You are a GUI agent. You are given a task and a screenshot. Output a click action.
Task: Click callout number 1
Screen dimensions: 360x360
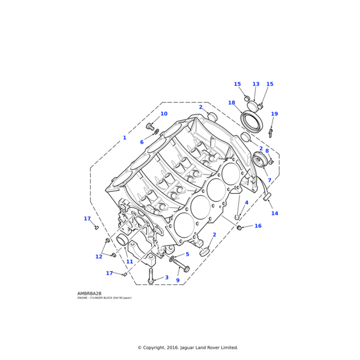click(x=125, y=138)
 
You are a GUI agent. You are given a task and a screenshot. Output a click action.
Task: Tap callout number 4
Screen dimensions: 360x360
click(x=246, y=202)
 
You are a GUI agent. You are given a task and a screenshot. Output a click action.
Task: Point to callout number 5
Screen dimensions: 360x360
click(x=187, y=254)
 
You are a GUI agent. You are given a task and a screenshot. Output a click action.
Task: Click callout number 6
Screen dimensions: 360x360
click(x=142, y=142)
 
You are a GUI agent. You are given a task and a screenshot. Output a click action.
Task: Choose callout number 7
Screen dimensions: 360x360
click(x=269, y=181)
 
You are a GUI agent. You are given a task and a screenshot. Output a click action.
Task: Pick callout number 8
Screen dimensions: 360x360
click(x=267, y=151)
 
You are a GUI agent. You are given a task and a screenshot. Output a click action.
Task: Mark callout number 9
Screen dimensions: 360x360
click(x=178, y=280)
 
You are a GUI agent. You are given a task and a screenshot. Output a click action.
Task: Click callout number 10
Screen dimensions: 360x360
click(x=164, y=113)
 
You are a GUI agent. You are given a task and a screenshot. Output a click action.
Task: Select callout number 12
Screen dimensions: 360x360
click(x=99, y=257)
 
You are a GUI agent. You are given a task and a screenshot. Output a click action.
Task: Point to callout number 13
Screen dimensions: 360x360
click(x=256, y=85)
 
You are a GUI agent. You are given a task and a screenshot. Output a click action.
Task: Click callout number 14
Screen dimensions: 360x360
click(x=274, y=213)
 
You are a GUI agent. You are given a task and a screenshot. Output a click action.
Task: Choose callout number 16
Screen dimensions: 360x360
click(x=258, y=226)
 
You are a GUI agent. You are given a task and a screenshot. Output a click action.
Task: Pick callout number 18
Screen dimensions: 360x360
click(x=232, y=103)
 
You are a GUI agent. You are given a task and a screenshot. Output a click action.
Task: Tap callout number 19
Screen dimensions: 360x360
click(x=274, y=114)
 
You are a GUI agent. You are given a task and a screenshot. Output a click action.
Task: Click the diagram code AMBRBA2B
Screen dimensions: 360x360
click(x=89, y=293)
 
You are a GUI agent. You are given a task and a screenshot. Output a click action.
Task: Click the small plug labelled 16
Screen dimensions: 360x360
click(x=239, y=228)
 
